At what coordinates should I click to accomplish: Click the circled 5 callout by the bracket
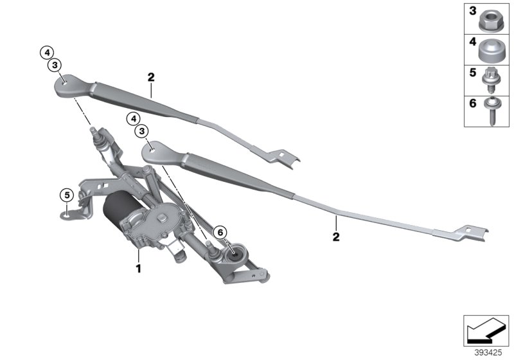pos(66,194)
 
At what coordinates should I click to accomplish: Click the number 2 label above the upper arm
pos(151,78)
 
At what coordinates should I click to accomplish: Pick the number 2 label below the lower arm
pos(335,237)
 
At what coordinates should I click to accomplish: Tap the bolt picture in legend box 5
pos(493,80)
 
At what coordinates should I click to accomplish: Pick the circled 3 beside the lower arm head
pos(141,131)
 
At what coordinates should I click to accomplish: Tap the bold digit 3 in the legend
pos(472,12)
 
